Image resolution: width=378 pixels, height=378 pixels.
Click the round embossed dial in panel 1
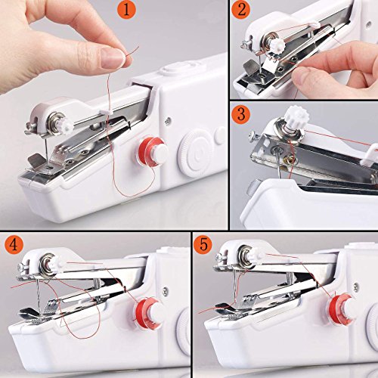pyautogui.click(x=192, y=149)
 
